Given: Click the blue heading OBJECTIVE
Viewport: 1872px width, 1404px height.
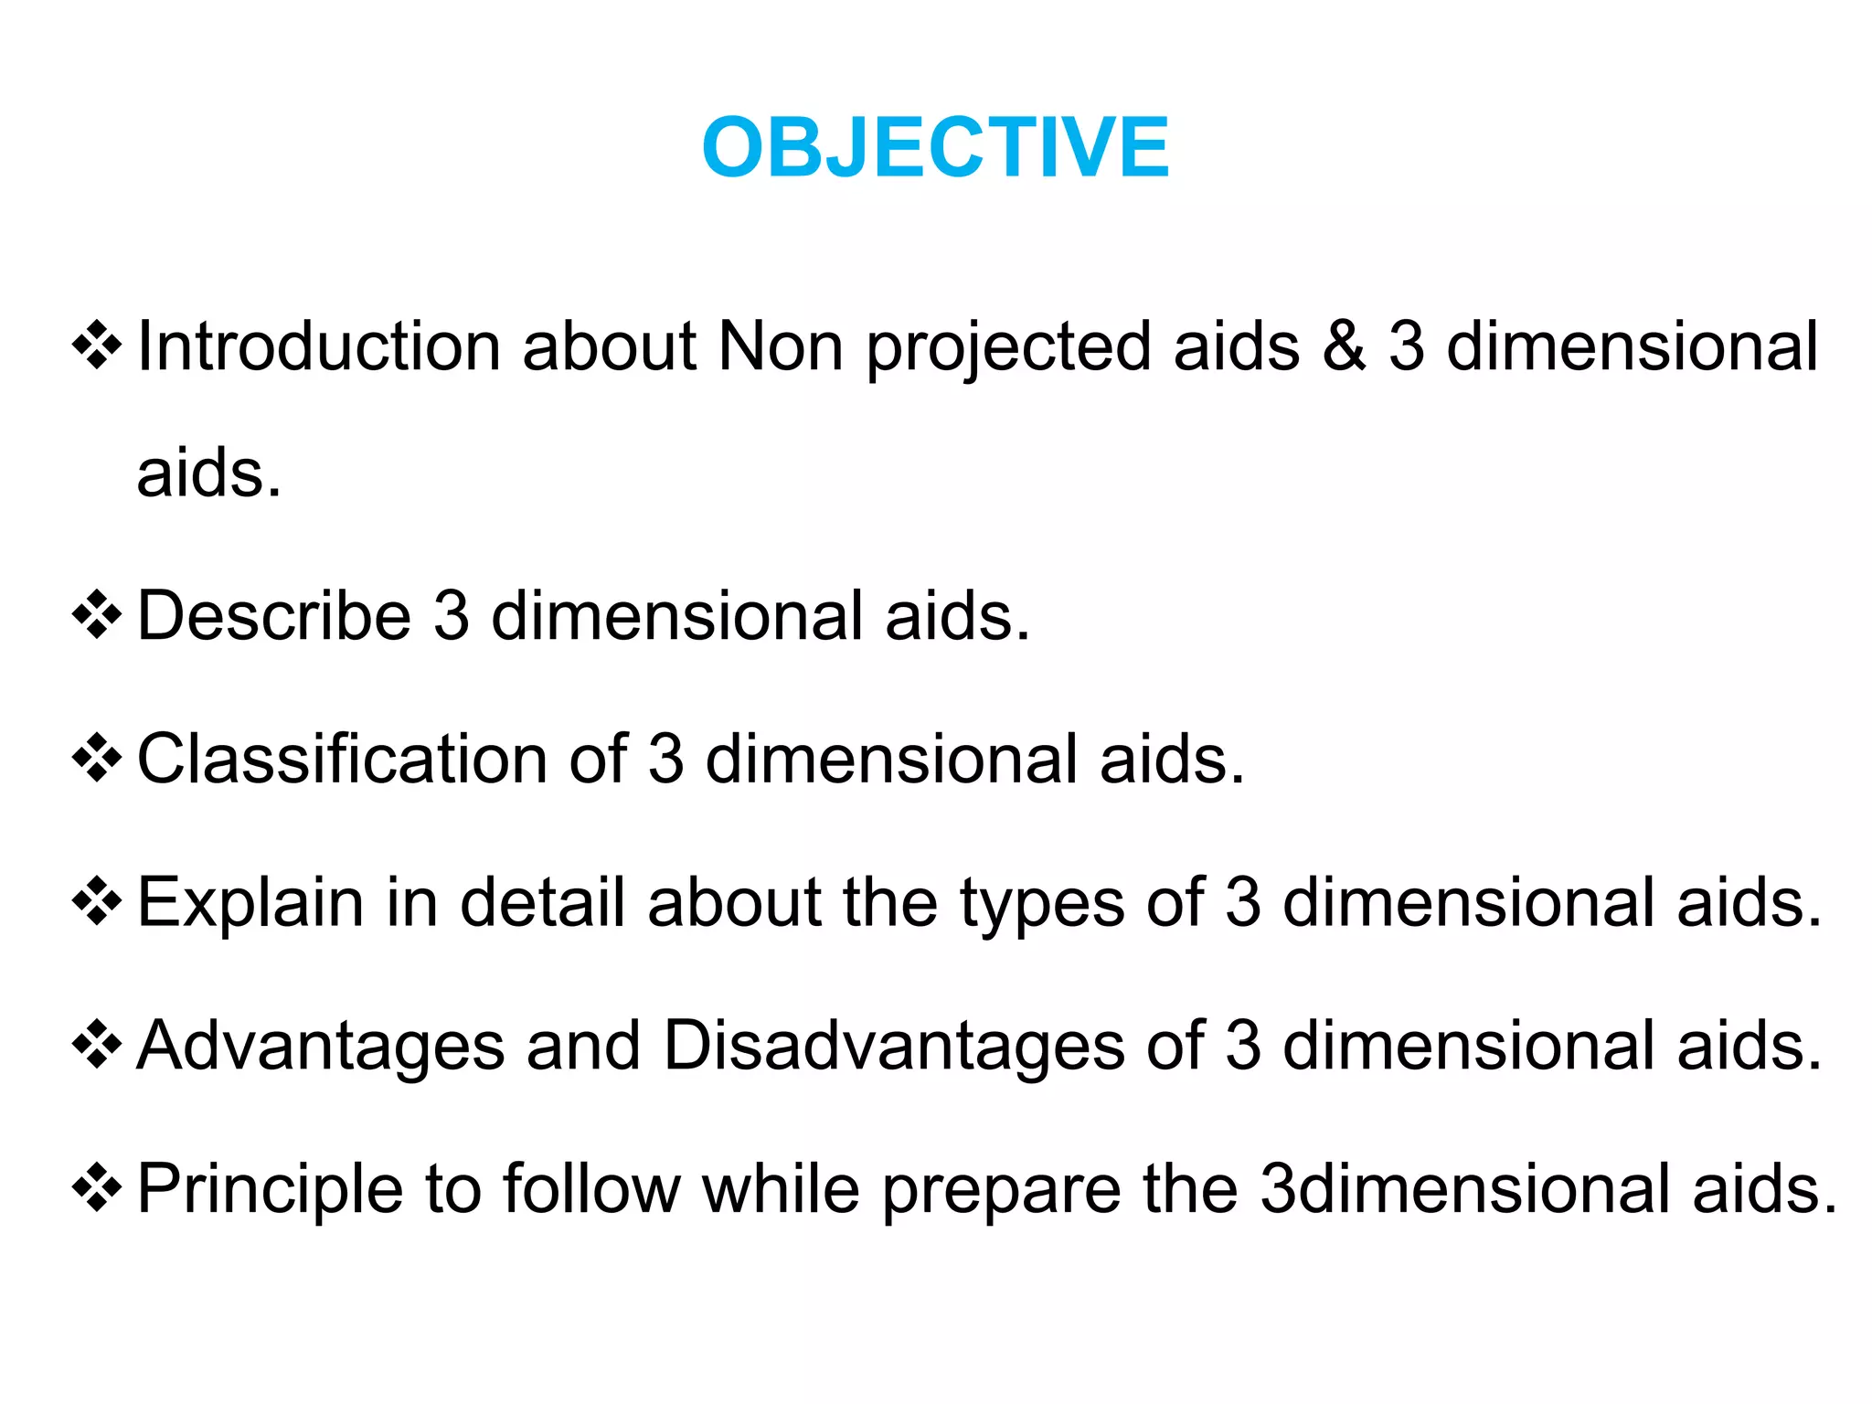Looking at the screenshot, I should coord(935,148).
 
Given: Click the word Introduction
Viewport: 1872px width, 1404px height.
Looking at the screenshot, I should coord(318,346).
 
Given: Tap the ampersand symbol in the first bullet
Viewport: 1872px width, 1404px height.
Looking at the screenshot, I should coord(1343,346).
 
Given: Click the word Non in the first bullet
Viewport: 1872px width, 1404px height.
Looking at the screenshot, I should coord(781,346).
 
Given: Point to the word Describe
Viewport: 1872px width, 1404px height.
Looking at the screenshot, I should coord(273,615).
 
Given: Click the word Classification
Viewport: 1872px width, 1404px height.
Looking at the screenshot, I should coord(342,759).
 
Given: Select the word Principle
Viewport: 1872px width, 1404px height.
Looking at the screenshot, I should coord(270,1189).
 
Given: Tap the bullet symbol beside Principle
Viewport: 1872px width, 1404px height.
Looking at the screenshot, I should coord(97,1188).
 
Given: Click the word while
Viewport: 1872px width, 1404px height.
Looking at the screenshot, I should coord(781,1189).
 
